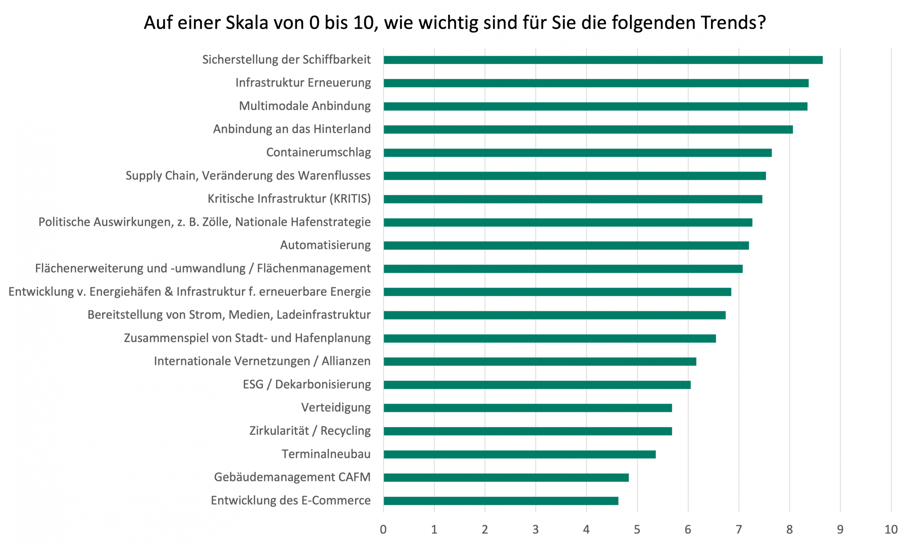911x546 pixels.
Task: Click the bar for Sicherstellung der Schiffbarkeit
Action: pyautogui.click(x=603, y=60)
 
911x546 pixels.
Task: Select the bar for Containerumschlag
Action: pyautogui.click(x=578, y=153)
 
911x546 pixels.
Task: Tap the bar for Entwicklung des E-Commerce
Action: pyautogui.click(x=501, y=501)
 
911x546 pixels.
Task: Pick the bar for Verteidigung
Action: pyautogui.click(x=527, y=408)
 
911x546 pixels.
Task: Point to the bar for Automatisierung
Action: pyautogui.click(x=566, y=245)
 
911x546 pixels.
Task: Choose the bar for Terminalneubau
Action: pyautogui.click(x=519, y=454)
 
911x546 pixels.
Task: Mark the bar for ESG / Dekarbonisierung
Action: pyautogui.click(x=537, y=385)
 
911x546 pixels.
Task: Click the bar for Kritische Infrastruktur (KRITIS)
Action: pyautogui.click(x=573, y=199)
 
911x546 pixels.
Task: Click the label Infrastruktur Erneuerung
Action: pyautogui.click(x=303, y=83)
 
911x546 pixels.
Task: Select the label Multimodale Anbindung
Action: pyautogui.click(x=305, y=106)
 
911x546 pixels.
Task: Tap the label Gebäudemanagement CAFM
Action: pyautogui.click(x=292, y=477)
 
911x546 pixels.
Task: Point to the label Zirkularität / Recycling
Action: pyautogui.click(x=310, y=431)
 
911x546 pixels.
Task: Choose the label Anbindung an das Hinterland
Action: pyautogui.click(x=292, y=129)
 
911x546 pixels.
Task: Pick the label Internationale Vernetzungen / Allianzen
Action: pyautogui.click(x=262, y=361)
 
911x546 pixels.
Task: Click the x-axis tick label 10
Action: pyautogui.click(x=891, y=529)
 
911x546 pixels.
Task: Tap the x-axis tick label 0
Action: pyautogui.click(x=383, y=529)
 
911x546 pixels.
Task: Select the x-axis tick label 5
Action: pyautogui.click(x=637, y=529)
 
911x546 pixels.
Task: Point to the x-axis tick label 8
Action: pyautogui.click(x=790, y=529)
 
